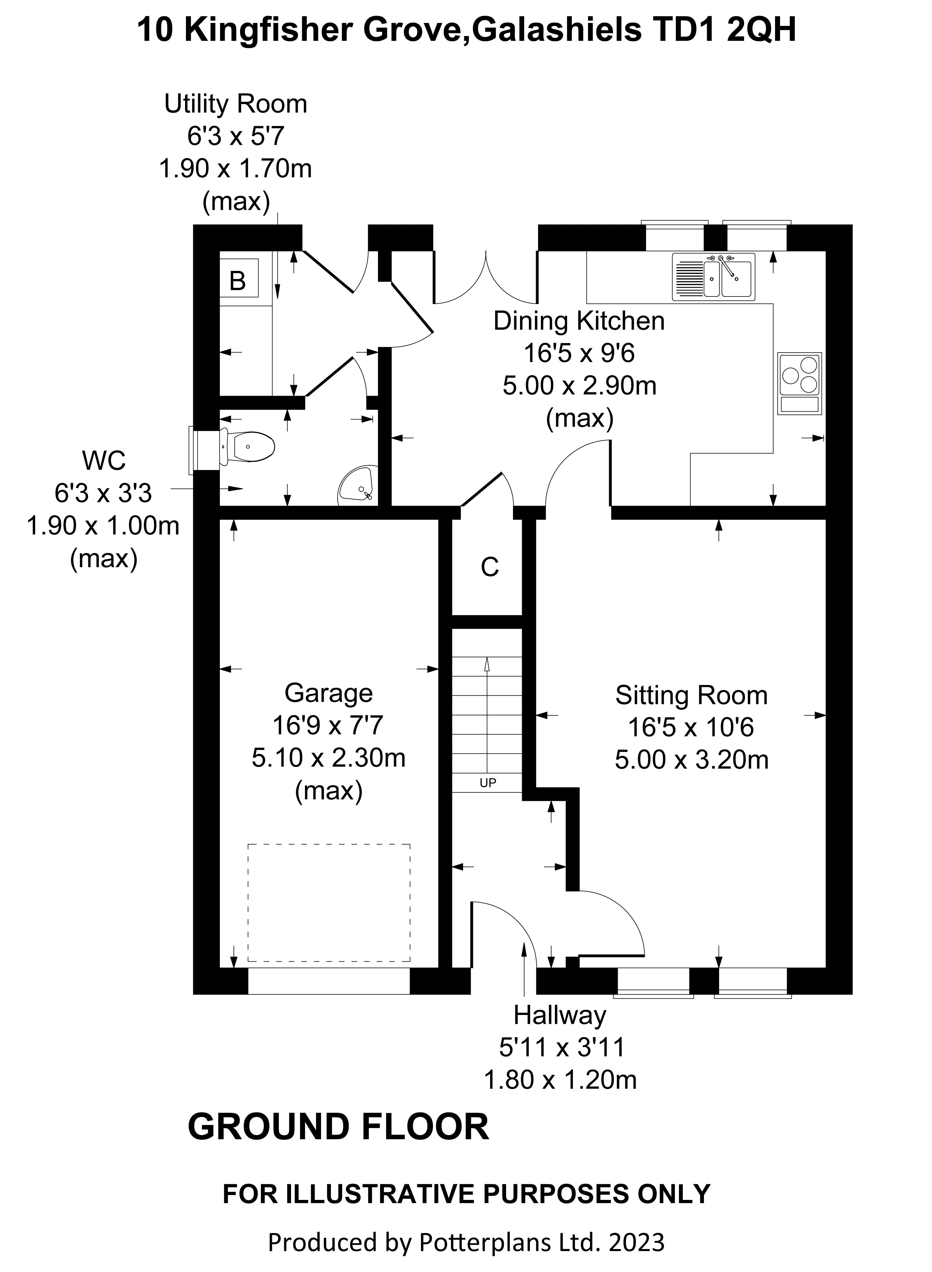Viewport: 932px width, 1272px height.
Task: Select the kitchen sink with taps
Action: click(x=714, y=276)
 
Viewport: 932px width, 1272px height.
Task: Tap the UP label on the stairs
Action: click(x=487, y=783)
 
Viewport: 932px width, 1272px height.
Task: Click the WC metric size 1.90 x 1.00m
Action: click(x=103, y=526)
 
